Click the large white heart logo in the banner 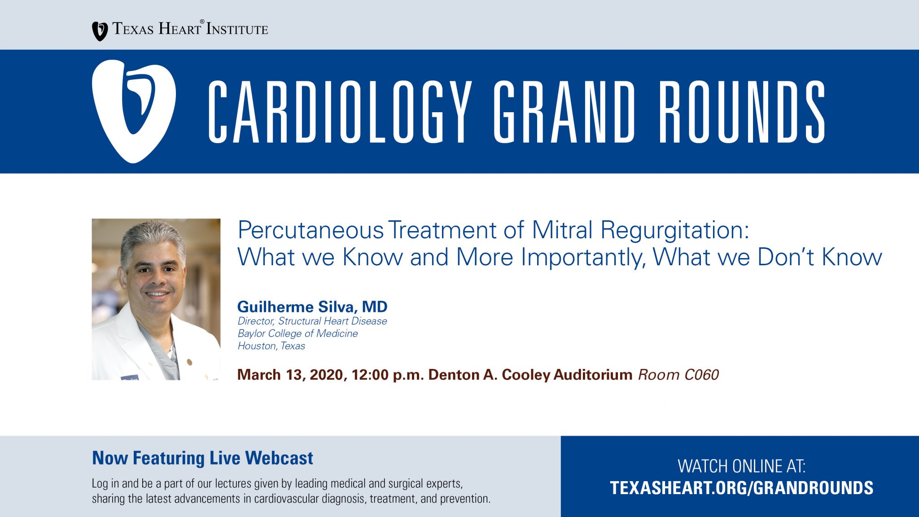pos(134,111)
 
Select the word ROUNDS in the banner pos(742,112)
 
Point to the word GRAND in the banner pos(565,112)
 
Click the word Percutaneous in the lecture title pos(311,230)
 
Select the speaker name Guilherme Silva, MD pos(312,307)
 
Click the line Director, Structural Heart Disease pos(312,321)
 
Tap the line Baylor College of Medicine pos(298,333)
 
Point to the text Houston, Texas pos(271,346)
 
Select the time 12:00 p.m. pos(388,375)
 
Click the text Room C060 pos(678,375)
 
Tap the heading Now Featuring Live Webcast pos(202,458)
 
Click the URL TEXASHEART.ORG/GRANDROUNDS pos(742,488)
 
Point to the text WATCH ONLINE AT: pos(742,466)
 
